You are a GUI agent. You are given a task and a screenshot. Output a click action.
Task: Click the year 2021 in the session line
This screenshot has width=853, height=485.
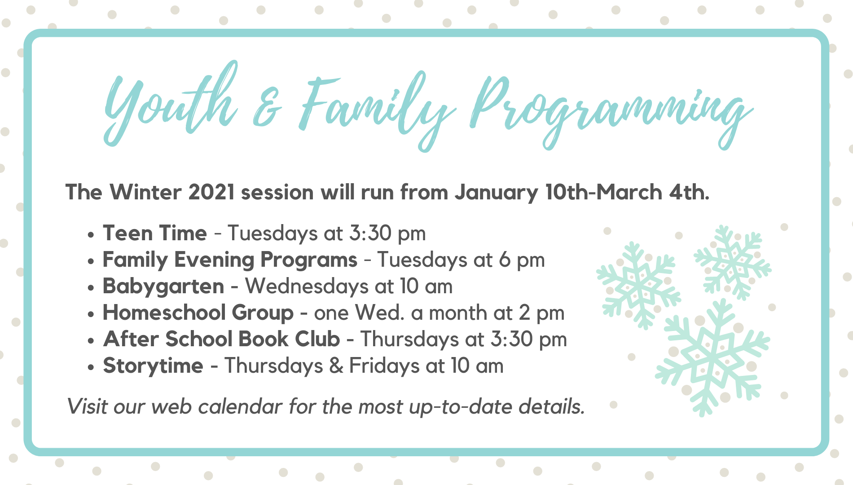211,192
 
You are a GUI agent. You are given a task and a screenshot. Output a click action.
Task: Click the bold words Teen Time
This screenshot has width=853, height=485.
155,233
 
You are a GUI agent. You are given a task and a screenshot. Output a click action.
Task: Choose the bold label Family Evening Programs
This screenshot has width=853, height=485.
230,260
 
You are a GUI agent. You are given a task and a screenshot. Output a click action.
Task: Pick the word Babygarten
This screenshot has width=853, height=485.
163,287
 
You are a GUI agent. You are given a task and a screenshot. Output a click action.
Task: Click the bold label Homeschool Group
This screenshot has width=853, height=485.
198,313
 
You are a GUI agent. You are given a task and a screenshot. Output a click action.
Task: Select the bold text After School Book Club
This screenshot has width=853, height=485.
222,339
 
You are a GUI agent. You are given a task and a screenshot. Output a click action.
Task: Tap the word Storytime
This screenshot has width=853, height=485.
153,366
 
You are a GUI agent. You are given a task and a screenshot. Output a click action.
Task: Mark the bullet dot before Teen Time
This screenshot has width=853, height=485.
91,234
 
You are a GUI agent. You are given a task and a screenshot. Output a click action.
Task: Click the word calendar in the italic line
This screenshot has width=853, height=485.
241,406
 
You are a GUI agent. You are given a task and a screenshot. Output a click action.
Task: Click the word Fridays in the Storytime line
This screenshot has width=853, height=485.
384,366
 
